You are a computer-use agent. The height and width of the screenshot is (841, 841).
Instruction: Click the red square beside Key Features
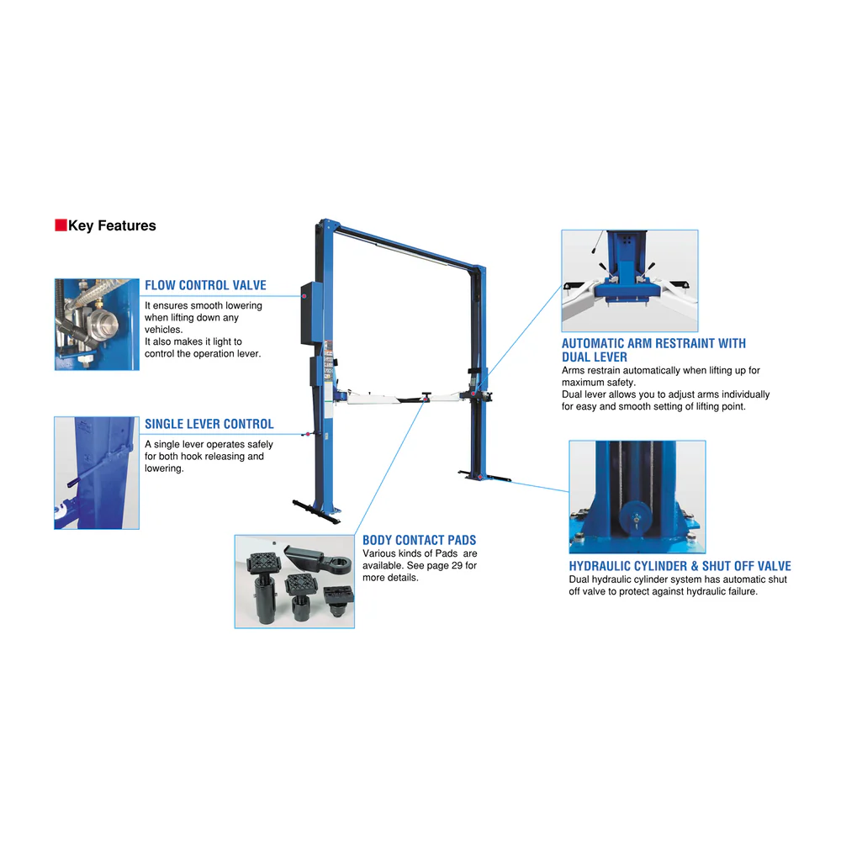point(61,225)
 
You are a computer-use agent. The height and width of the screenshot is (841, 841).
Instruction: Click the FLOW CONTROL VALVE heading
point(205,285)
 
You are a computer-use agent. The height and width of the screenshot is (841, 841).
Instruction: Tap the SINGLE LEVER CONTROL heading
point(209,424)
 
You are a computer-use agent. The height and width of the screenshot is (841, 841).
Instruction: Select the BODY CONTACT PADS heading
point(420,540)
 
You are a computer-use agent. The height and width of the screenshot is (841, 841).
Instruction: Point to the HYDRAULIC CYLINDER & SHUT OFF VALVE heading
point(680,566)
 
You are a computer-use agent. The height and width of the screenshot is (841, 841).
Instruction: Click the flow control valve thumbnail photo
point(97,325)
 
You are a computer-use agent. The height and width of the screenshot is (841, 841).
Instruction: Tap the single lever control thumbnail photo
point(97,473)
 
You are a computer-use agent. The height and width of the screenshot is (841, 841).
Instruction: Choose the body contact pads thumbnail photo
point(294,581)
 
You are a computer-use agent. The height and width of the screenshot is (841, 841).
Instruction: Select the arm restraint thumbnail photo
point(630,281)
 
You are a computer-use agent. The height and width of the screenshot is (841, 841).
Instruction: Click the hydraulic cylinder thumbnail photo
point(637,497)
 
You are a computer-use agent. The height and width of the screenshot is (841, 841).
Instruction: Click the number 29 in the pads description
point(457,565)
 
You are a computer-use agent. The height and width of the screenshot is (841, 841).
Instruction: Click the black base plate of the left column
point(316,512)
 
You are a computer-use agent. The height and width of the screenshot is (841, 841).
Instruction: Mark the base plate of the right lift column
point(484,476)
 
